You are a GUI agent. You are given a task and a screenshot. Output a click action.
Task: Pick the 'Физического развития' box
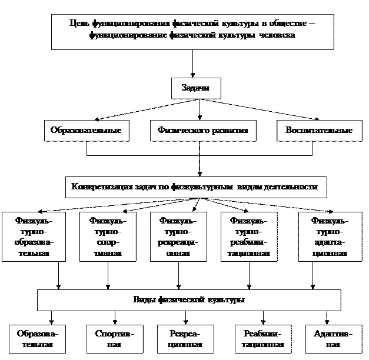202,130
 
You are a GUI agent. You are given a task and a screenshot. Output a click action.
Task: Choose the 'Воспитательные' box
318,130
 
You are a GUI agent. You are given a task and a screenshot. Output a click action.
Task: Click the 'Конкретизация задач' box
194,186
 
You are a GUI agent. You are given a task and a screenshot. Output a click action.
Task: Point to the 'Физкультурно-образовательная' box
33,237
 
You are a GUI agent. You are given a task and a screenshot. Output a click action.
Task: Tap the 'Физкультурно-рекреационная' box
178,237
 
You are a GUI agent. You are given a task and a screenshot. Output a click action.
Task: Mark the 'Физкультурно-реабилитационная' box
248,237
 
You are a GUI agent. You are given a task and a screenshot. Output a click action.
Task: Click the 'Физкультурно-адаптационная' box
329,237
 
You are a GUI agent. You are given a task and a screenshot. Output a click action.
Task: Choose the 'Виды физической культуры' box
189,300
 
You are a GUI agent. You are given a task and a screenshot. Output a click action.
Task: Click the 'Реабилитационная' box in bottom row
262,339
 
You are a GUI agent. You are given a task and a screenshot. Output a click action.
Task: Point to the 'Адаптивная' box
333,339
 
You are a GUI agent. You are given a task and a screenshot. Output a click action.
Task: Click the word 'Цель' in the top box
78,24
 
